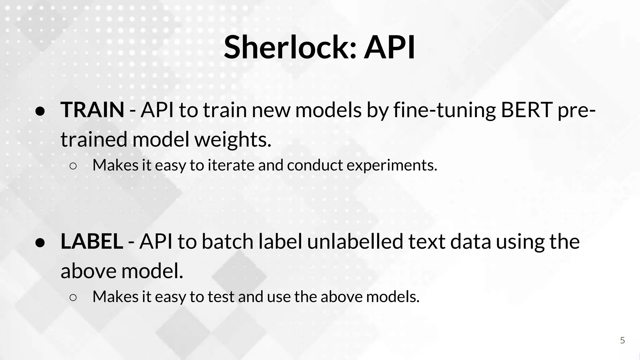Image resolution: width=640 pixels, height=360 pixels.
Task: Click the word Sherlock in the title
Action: coord(290,47)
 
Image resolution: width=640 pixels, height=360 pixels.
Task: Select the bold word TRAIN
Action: coord(92,110)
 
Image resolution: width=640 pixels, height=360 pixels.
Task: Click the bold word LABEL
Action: coord(92,242)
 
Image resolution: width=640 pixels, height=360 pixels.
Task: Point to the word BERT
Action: coord(527,110)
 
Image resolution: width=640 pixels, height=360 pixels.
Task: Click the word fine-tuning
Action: coord(444,111)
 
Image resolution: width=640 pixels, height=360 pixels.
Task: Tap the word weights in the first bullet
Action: coord(233,140)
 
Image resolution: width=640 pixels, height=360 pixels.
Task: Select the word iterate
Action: coord(231,165)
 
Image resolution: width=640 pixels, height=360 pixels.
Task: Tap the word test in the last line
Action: coord(221,297)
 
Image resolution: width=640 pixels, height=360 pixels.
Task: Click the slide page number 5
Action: coord(622,340)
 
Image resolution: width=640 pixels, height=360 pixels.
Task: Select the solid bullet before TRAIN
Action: coord(41,112)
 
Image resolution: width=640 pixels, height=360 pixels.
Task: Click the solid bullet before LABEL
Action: coord(41,243)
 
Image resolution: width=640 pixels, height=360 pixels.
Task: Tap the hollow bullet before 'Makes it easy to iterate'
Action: coord(73,166)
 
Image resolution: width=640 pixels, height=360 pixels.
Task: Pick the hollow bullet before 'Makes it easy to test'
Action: coord(73,298)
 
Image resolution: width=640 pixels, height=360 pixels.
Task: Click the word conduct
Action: coord(315,165)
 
